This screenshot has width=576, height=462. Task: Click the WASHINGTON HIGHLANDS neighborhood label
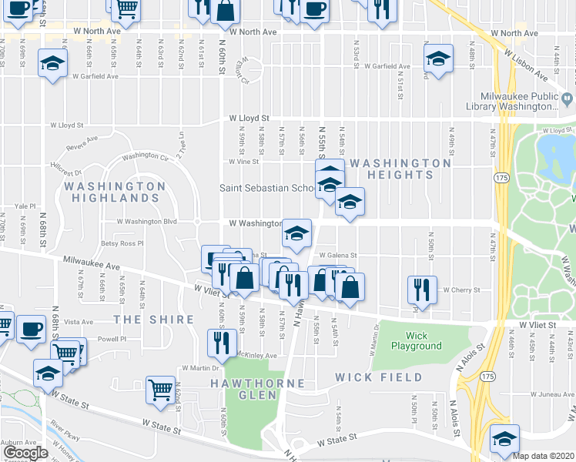tap(115, 192)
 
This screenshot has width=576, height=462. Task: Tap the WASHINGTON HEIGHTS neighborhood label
tap(400, 169)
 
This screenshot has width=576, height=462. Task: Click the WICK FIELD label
tap(379, 377)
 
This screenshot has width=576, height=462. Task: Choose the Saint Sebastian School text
tap(266, 188)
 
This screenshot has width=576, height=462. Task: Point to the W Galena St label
tap(339, 256)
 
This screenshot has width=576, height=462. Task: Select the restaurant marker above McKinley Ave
tap(221, 343)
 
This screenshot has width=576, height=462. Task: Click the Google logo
tap(25, 453)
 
